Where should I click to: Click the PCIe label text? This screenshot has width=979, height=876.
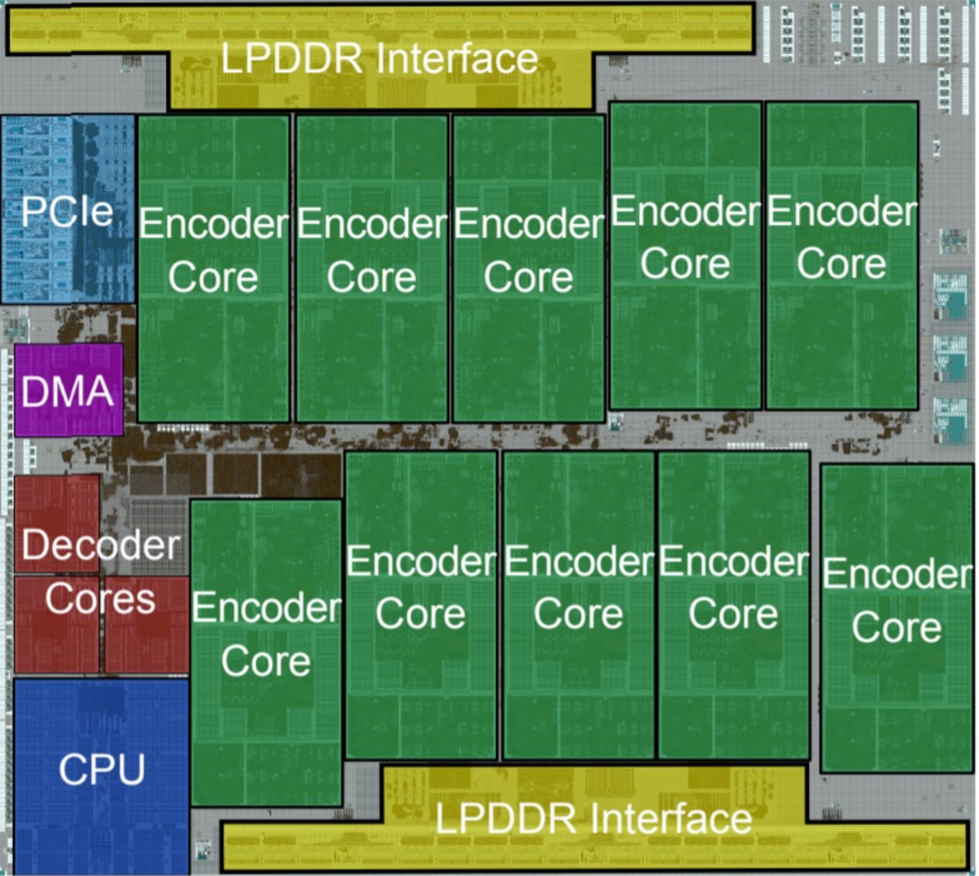coord(67,211)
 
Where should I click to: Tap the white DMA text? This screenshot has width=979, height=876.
coord(67,391)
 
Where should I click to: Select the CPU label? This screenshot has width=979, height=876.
coord(101,769)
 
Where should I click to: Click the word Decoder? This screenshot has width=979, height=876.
coord(101,545)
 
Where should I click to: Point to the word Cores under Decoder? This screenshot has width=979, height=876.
coord(100,599)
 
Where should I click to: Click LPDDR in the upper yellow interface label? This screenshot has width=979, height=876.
coord(292,58)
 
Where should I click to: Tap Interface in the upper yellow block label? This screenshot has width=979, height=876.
coord(457,58)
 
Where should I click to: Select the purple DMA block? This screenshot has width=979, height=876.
coord(68,390)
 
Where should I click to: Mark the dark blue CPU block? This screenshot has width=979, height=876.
coord(101,776)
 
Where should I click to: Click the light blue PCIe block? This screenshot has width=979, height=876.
coord(68,209)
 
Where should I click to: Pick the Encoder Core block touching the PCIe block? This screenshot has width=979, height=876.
coord(214,269)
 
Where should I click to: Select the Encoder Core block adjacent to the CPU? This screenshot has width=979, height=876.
coord(266,653)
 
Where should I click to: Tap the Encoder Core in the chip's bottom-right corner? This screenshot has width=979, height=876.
coord(897,618)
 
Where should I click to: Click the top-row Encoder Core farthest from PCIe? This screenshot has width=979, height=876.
coord(842,256)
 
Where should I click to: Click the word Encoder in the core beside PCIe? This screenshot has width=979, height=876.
coord(214,223)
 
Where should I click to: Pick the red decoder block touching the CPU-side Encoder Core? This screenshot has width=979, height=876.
coord(146,624)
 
